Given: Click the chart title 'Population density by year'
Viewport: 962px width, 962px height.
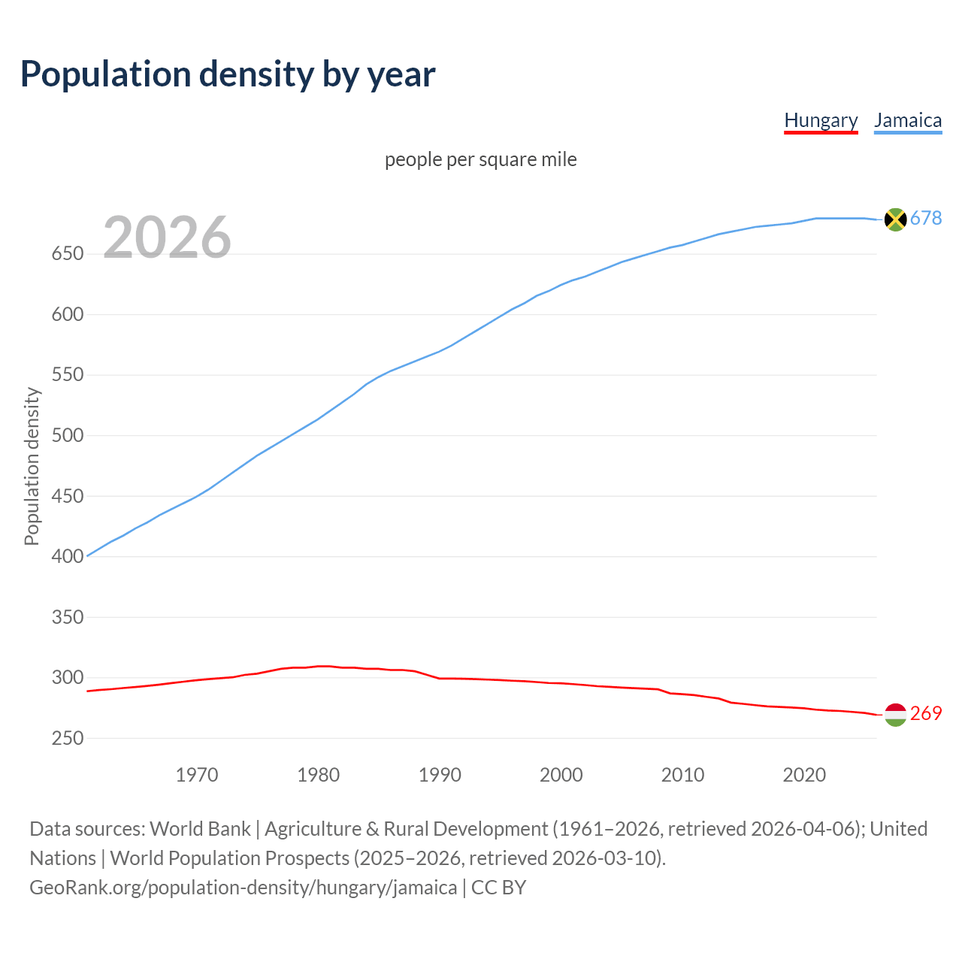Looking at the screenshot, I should click(228, 74).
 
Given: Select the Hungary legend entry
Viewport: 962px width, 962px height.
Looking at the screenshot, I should click(821, 120).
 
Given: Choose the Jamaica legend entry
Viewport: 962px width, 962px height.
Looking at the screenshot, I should click(908, 120).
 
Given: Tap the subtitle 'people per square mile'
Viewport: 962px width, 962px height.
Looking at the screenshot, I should click(481, 160).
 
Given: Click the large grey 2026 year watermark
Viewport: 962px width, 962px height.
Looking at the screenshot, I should click(167, 237).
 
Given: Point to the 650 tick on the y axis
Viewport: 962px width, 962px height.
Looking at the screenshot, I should click(67, 254).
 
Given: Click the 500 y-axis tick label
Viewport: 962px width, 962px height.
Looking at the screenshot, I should click(67, 436).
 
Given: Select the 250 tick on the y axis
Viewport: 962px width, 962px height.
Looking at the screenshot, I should click(67, 739).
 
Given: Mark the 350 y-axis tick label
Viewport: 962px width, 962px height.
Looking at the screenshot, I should click(67, 618).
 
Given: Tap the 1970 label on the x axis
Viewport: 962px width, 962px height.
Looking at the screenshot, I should click(197, 775).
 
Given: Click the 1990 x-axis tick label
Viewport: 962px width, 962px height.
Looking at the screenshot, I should click(440, 775).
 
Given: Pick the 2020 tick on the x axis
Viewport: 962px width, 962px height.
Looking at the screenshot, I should click(804, 775).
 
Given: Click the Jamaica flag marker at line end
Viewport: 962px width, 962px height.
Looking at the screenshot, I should click(895, 219).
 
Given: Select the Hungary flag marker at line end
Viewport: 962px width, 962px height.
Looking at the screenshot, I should click(895, 715).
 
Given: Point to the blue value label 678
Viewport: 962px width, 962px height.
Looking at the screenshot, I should click(926, 219).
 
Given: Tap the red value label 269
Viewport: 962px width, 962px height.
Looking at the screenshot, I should click(926, 714).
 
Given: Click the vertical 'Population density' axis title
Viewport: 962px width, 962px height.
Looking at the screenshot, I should click(32, 466).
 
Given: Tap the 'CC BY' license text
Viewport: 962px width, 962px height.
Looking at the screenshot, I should click(498, 888).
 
